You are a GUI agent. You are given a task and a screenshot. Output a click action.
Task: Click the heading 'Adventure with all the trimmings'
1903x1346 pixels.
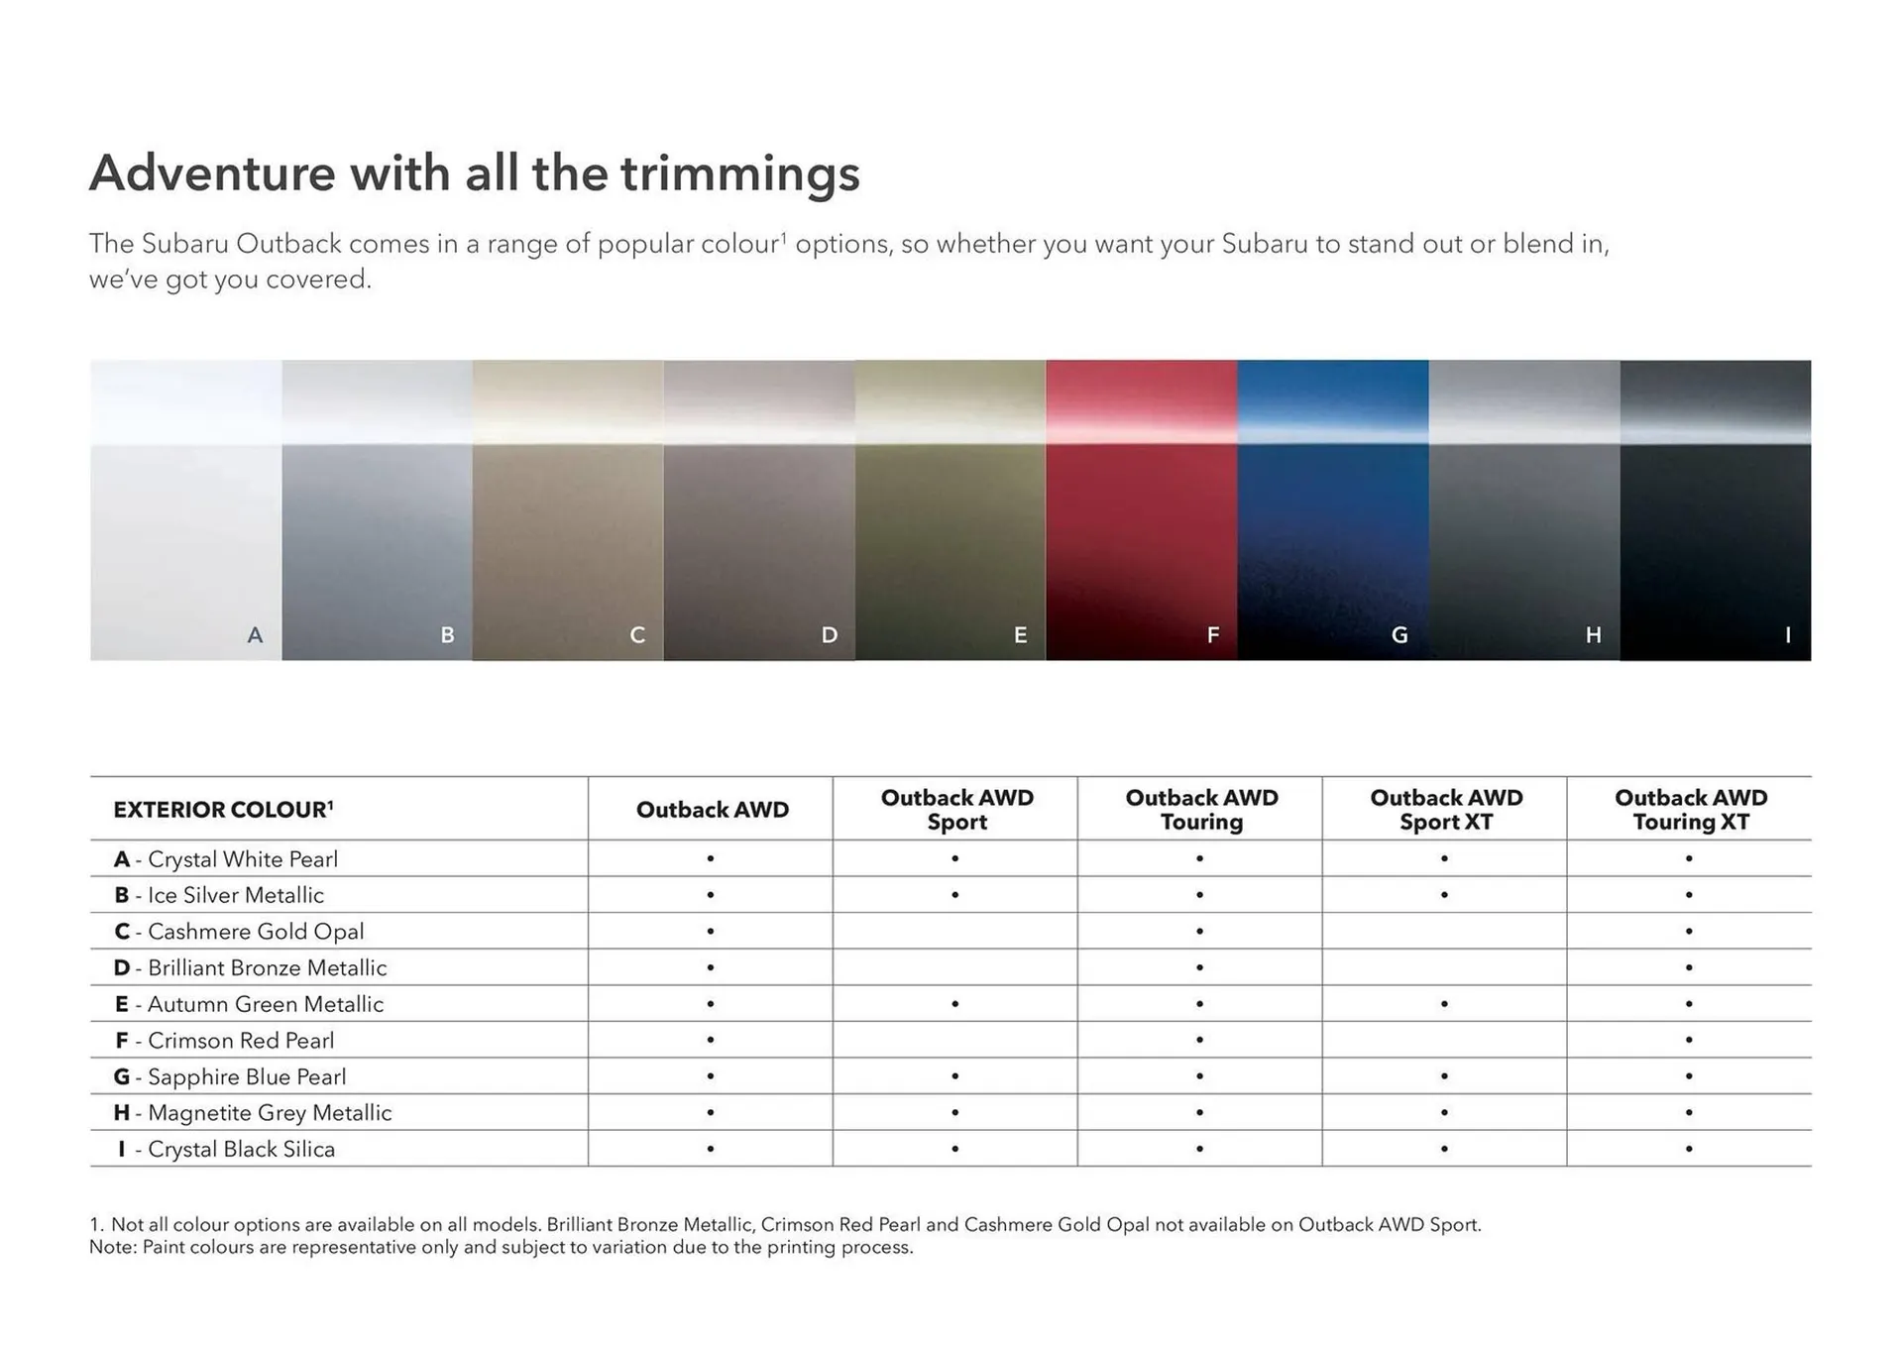(474, 173)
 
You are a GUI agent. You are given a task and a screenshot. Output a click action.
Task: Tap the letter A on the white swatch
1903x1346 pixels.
(255, 635)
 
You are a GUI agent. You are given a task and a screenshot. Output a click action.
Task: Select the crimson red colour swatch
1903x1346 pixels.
(1141, 509)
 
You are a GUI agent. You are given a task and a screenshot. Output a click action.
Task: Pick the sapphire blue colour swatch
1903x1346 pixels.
(1332, 509)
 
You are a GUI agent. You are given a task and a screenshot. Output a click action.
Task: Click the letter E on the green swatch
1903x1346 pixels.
(1020, 635)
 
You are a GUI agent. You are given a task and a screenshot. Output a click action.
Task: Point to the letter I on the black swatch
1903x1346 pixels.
(1787, 635)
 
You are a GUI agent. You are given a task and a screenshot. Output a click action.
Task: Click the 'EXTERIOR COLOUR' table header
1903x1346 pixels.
(223, 810)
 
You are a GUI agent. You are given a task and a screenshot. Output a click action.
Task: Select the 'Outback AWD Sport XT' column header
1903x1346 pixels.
(1445, 810)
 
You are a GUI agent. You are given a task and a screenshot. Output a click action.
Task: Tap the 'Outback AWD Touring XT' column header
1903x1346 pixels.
(1690, 810)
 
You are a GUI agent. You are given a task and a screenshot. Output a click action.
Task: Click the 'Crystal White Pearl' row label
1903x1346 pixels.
(242, 859)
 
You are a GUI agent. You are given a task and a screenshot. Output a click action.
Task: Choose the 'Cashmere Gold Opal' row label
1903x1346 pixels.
(255, 932)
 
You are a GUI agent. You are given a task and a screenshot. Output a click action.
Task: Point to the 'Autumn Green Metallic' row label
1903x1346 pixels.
(265, 1004)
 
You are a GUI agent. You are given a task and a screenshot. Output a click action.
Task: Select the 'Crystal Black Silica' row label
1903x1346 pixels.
(241, 1150)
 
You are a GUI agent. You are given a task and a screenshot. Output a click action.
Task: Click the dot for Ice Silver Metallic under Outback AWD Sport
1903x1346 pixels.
(955, 895)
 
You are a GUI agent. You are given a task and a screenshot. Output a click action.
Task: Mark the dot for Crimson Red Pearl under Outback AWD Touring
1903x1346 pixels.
(1199, 1041)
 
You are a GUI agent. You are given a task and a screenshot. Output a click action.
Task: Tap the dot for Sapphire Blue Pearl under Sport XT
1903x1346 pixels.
(1444, 1076)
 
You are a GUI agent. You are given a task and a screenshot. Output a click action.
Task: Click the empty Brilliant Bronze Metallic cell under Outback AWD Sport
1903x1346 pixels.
(955, 967)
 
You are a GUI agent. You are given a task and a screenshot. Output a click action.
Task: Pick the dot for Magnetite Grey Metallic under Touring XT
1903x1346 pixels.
(1689, 1113)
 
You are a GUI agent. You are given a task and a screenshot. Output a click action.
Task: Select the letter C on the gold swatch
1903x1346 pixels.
(637, 635)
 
